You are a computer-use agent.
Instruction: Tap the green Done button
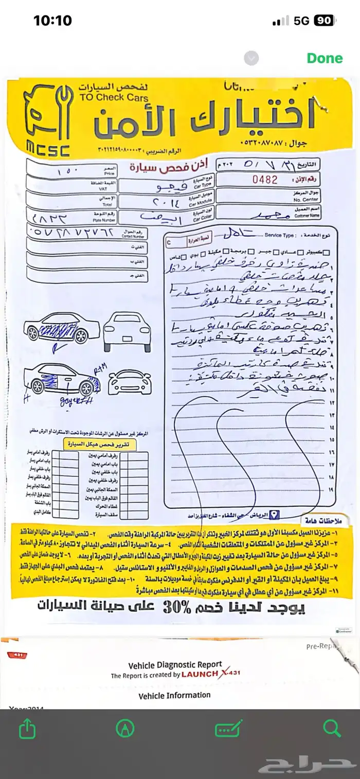pos(325,58)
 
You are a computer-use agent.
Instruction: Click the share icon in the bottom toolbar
pos(26,729)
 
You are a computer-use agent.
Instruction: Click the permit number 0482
pos(265,180)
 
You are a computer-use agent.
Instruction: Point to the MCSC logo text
pos(48,149)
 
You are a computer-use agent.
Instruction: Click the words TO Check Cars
pos(114,98)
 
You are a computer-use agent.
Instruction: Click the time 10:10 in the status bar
pos(52,21)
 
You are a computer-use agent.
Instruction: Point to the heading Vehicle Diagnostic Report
pos(175,664)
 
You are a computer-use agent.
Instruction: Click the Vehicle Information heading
pos(174,695)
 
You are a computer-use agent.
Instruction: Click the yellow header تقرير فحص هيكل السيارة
pos(100,444)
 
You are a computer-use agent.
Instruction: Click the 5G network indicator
pos(301,21)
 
